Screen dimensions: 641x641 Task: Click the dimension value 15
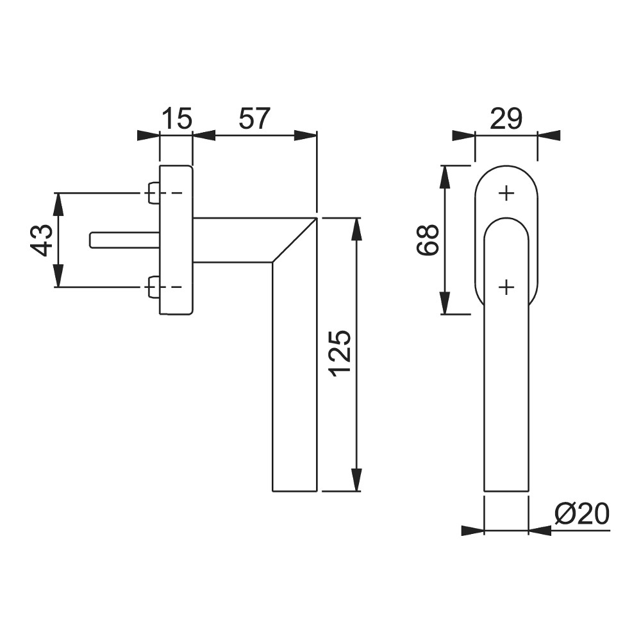tap(178, 119)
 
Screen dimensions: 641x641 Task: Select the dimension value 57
tap(254, 119)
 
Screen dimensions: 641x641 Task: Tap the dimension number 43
tap(42, 240)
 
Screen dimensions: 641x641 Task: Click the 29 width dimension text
tap(506, 119)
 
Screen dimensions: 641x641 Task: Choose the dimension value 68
tap(428, 240)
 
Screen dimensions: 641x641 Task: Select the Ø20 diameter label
tap(582, 514)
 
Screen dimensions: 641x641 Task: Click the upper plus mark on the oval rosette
tap(506, 192)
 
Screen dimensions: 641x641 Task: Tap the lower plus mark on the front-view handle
tap(506, 288)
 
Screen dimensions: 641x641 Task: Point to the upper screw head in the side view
tap(153, 192)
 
